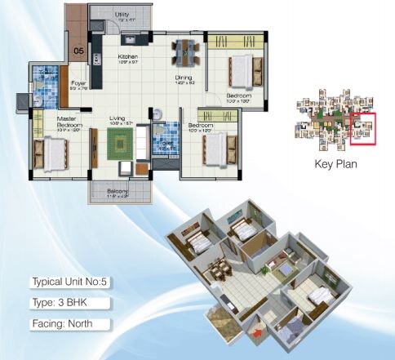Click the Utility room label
click(122, 14)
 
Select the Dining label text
click(184, 78)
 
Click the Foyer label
click(78, 82)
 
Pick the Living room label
click(119, 118)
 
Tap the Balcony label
click(118, 192)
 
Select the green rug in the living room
click(120, 144)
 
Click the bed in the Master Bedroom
click(51, 151)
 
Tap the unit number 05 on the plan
click(78, 50)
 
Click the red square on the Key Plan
click(363, 129)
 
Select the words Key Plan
click(336, 163)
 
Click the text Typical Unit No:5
click(69, 282)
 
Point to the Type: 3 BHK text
click(60, 302)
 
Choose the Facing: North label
click(62, 322)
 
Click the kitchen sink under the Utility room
click(129, 38)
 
